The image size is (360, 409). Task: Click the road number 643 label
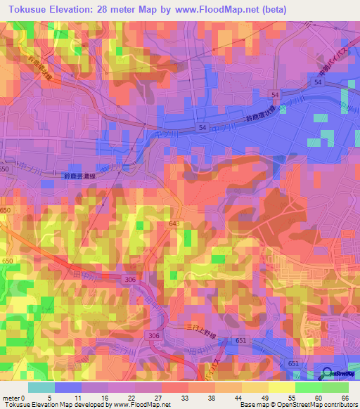point(174,223)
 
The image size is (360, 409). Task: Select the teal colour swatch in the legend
point(41,388)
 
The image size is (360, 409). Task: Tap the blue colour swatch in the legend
point(68,388)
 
